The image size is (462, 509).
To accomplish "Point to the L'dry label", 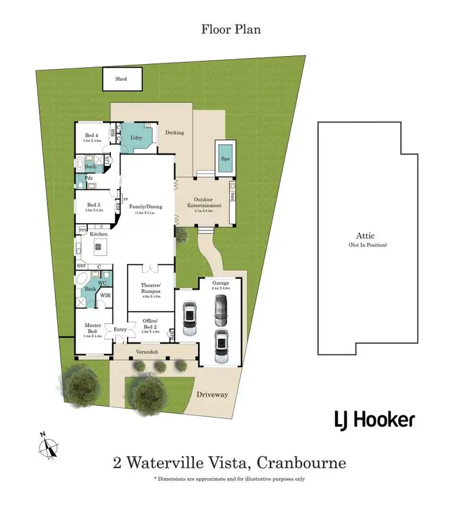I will tap(136, 138).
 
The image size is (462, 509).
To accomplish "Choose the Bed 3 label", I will tap(93, 205).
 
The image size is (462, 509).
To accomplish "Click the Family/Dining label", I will tap(145, 206).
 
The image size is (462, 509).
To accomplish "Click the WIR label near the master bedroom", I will tap(105, 295).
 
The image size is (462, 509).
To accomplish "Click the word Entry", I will tap(120, 330).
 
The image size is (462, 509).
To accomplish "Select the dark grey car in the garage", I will tap(220, 310).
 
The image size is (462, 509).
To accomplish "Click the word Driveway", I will tap(213, 394).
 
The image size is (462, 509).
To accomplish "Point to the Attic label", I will tap(365, 235).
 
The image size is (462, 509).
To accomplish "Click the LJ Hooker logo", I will tap(374, 420).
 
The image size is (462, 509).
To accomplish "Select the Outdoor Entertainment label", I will tap(203, 202).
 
